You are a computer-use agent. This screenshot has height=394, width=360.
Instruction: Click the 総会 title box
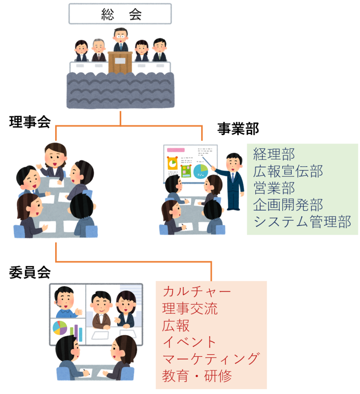(120, 14)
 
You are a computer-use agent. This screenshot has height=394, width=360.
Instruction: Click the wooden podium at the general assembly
(120, 62)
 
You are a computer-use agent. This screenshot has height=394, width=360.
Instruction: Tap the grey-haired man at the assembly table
(98, 50)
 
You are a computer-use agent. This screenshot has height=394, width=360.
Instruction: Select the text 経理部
(274, 154)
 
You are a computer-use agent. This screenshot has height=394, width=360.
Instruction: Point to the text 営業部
(274, 188)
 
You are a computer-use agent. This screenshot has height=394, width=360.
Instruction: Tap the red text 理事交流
(190, 308)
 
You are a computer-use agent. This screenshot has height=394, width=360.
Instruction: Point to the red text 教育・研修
(197, 376)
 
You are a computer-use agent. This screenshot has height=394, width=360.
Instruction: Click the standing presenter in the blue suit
(233, 180)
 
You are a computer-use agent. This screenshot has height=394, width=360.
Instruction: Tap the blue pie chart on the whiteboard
(201, 171)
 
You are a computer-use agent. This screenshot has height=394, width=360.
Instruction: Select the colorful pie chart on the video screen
(60, 328)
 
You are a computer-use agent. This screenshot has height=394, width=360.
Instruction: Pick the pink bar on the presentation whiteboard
(176, 150)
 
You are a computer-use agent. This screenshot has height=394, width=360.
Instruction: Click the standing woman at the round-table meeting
(54, 160)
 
